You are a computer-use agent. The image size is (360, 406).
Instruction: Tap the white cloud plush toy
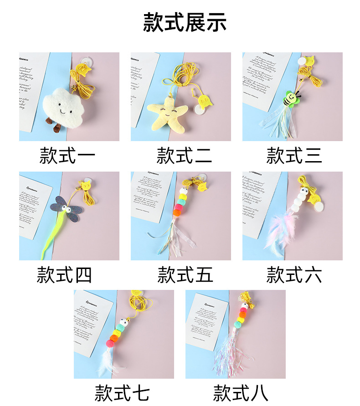coord(66,107)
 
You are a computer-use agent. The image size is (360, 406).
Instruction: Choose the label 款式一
coord(67,155)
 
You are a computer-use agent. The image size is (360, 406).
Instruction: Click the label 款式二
coord(185,155)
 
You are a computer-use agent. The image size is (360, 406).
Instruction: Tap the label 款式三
coord(294,155)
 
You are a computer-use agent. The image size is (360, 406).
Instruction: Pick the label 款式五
coord(185,275)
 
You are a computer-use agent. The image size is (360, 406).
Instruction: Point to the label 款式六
coord(294,275)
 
